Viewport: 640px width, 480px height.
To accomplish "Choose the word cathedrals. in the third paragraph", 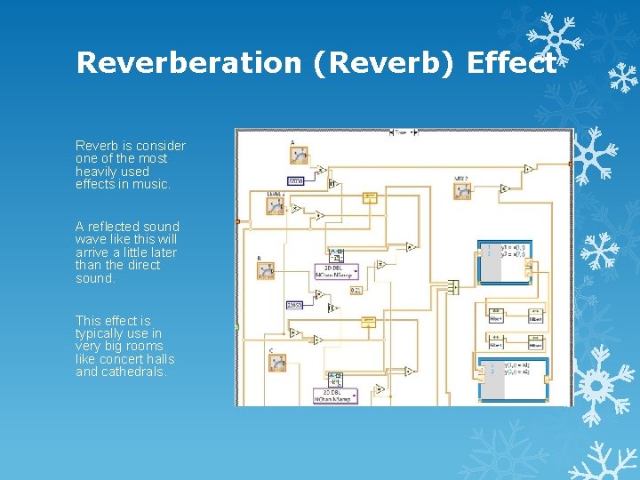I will point(133,372).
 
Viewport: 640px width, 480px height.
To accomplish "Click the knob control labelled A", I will point(299,156).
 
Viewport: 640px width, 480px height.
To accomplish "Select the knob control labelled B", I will point(265,270).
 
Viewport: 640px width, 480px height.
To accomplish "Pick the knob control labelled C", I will point(277,362).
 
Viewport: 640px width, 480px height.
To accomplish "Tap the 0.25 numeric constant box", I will point(355,290).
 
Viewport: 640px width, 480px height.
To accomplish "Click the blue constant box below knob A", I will point(295,180).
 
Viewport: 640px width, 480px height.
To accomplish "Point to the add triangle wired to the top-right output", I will point(528,168).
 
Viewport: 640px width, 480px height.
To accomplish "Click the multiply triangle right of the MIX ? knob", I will point(504,188).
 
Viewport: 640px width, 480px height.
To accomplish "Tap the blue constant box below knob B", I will point(294,305).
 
